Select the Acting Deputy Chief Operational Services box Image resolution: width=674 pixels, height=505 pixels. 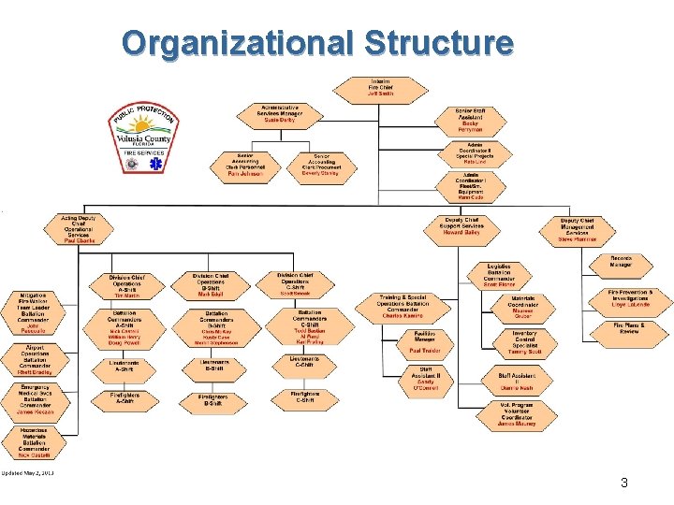(x=80, y=229)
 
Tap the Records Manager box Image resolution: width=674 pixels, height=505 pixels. (x=621, y=263)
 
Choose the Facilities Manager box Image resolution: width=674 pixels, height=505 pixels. (x=425, y=341)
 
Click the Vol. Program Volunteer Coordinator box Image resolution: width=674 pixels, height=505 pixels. (x=516, y=415)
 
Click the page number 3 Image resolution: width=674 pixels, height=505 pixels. (x=623, y=483)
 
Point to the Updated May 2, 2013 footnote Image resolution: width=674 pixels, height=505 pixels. (x=28, y=473)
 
